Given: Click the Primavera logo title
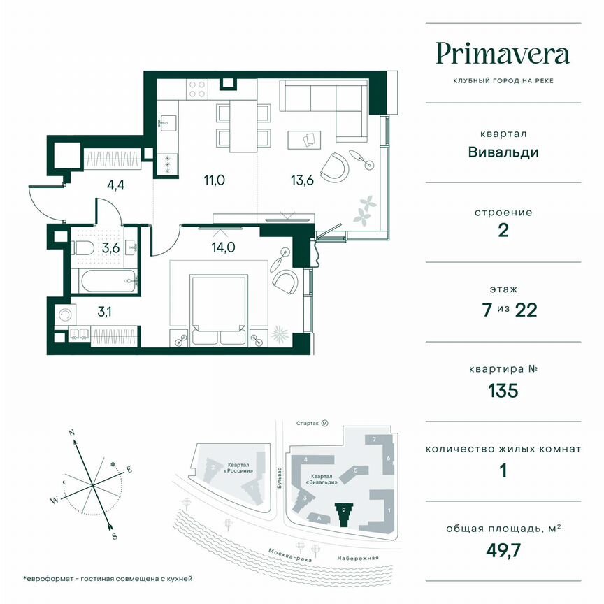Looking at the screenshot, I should click(x=503, y=54).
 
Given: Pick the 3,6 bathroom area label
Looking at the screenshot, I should click(x=110, y=247).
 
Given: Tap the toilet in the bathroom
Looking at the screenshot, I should click(x=82, y=248).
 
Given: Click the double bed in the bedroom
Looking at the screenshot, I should click(x=220, y=308).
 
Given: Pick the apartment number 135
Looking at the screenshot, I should click(x=503, y=390).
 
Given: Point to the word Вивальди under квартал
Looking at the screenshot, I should click(x=503, y=152).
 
